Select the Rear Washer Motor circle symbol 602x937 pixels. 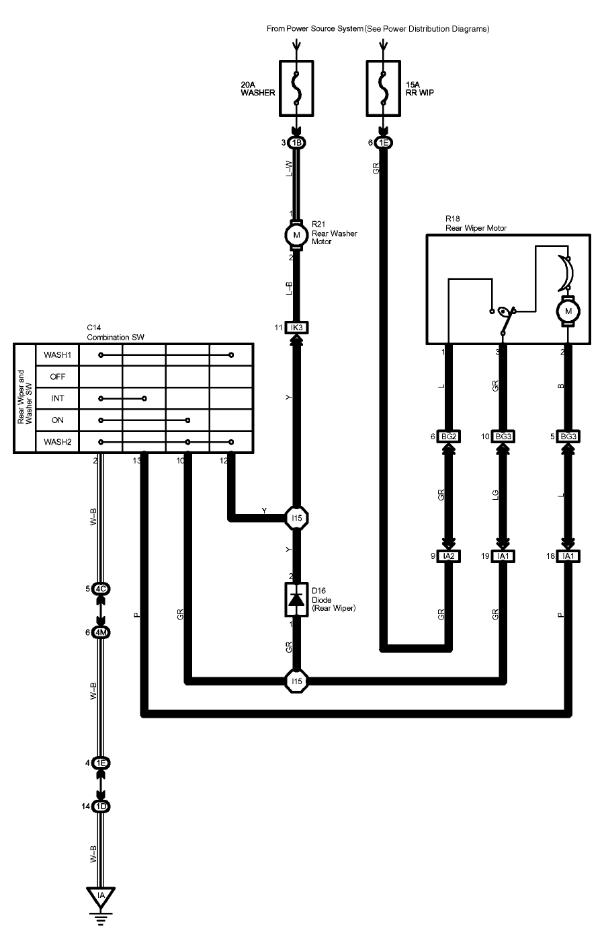click(x=296, y=235)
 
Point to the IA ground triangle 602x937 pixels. click(x=101, y=896)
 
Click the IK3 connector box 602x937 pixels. click(x=296, y=328)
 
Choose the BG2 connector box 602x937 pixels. click(x=449, y=437)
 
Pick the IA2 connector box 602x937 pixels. click(x=449, y=556)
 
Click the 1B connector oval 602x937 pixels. click(x=296, y=143)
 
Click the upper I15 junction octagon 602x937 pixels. click(x=296, y=519)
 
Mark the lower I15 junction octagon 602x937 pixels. click(x=296, y=681)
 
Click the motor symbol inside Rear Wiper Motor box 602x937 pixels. click(x=568, y=311)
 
